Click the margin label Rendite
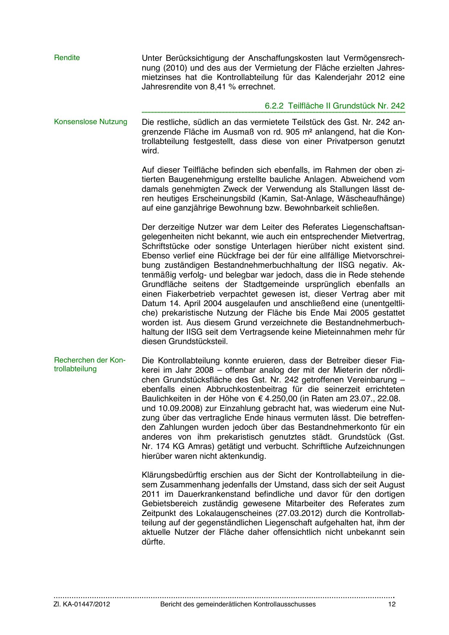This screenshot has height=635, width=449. point(67,58)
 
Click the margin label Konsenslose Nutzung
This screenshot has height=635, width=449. point(91,122)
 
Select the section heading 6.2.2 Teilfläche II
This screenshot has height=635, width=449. point(335,106)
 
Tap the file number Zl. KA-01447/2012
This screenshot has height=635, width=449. point(82,604)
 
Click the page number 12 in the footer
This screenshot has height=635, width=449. point(391,604)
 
